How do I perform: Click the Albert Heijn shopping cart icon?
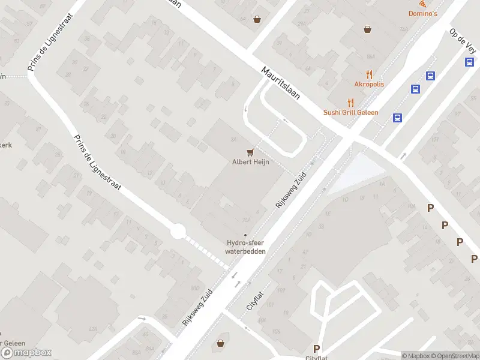pos(250,152)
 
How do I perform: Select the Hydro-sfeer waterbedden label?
pos(245,247)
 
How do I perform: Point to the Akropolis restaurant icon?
pos(369,75)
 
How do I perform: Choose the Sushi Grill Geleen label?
pos(350,112)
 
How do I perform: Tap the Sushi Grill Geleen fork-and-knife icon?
pos(351,103)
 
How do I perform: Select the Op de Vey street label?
pos(463,40)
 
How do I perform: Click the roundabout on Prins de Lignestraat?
pos(177,231)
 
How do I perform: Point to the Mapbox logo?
pos(26,353)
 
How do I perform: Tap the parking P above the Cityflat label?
pos(316,349)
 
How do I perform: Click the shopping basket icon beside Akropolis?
pos(368,28)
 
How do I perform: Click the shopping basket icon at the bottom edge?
pos(221,343)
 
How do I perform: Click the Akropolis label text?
pos(369,85)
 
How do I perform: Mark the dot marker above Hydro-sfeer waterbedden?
pos(245,235)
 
